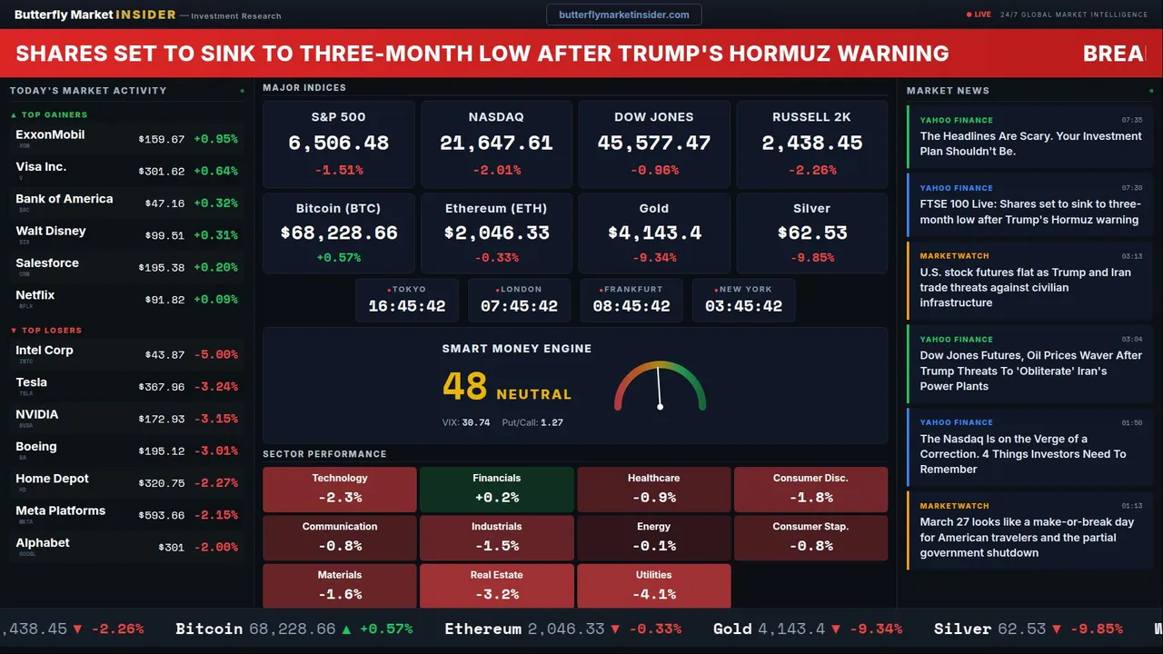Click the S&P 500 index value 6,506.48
[338, 144]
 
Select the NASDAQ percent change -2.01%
[496, 170]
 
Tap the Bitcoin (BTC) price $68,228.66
[338, 233]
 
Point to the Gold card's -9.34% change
[654, 258]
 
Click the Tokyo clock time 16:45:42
[406, 306]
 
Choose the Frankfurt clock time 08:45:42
[631, 306]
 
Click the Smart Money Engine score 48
[464, 387]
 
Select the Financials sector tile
[496, 489]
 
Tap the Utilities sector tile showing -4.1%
[653, 586]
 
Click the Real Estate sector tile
[496, 586]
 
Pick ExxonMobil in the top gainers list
[50, 135]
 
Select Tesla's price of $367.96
[162, 387]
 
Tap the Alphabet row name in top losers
[43, 543]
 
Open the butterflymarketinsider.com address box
[623, 15]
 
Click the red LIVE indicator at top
[979, 15]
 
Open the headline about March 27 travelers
[1027, 538]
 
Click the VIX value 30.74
[475, 422]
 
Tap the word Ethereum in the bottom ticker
[482, 629]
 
